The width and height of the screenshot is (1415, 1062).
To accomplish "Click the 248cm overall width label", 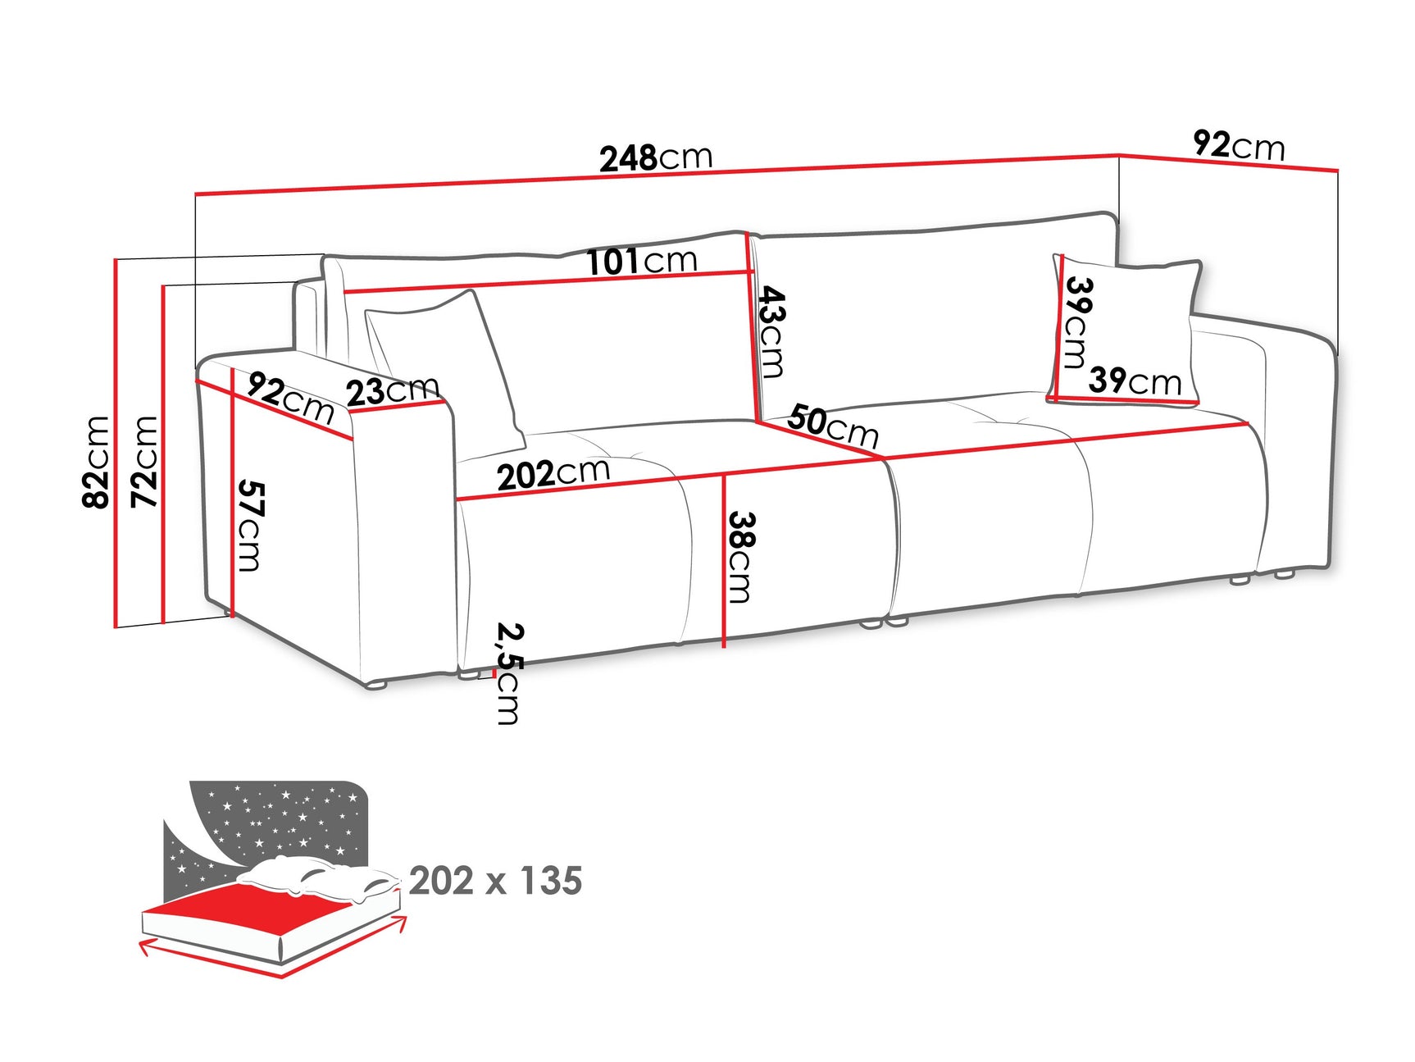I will pyautogui.click(x=656, y=157).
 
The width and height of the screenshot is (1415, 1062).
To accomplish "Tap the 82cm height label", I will pyautogui.click(x=97, y=462).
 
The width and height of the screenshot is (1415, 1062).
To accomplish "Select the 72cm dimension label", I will pyautogui.click(x=145, y=462).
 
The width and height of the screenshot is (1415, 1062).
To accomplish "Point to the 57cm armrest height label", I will pyautogui.click(x=250, y=526).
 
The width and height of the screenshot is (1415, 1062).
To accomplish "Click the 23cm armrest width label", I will pyautogui.click(x=393, y=390).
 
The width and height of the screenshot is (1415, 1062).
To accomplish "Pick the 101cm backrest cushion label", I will pyautogui.click(x=642, y=262).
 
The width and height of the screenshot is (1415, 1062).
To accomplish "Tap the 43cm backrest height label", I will pyautogui.click(x=771, y=330).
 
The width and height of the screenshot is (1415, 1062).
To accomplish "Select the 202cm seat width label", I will pyautogui.click(x=553, y=474).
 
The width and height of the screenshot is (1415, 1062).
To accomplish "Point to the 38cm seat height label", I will pyautogui.click(x=740, y=557).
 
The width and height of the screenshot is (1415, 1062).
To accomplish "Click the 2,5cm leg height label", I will pyautogui.click(x=508, y=674).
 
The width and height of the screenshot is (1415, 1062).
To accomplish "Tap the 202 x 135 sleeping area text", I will pyautogui.click(x=495, y=881).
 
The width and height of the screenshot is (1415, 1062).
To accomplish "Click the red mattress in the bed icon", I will pyautogui.click(x=246, y=910).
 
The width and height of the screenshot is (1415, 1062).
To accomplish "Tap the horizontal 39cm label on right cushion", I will pyautogui.click(x=1135, y=381).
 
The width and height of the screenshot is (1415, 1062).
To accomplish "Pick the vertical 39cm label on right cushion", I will pyautogui.click(x=1077, y=321).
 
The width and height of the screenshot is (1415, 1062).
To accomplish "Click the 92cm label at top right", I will pyautogui.click(x=1239, y=145).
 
